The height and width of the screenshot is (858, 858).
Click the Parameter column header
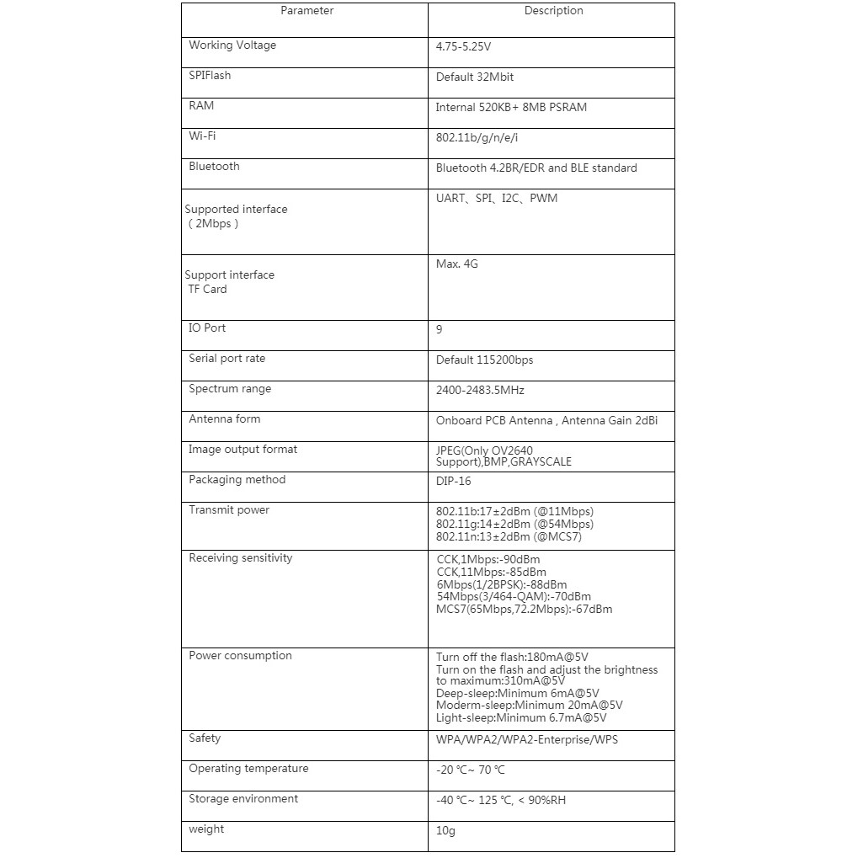tap(306, 11)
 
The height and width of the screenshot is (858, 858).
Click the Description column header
tap(553, 11)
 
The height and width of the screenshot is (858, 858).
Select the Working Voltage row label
tap(232, 45)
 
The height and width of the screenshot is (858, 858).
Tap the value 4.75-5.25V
tap(463, 47)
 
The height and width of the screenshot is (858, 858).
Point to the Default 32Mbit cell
tap(475, 77)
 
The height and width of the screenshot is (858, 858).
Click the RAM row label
tap(201, 106)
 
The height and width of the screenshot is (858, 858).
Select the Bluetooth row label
tap(214, 167)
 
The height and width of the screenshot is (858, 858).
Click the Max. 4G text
tap(457, 264)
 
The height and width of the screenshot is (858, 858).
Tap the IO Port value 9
tap(440, 330)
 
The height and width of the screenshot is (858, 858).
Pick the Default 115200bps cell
tap(484, 360)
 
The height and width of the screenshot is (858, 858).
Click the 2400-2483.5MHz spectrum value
tap(480, 391)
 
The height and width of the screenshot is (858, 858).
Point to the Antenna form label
tap(224, 419)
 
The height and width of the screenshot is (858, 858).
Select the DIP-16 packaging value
tap(453, 482)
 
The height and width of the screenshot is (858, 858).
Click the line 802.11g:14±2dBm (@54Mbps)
tap(514, 525)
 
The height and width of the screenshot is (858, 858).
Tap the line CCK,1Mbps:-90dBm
tap(488, 560)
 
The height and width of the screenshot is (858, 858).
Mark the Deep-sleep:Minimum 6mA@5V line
tap(518, 694)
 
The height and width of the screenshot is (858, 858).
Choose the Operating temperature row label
tap(248, 769)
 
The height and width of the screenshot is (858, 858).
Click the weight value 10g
tap(445, 831)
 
